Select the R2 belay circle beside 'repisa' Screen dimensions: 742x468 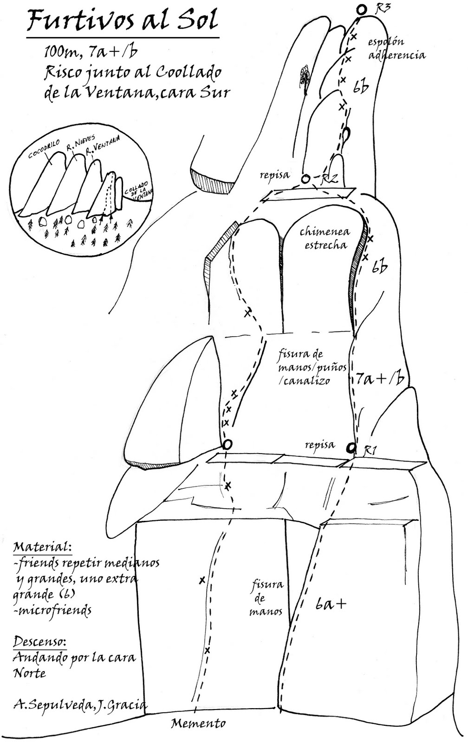tap(305, 179)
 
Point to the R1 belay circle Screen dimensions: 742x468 tap(351, 448)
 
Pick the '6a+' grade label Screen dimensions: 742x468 tap(331, 603)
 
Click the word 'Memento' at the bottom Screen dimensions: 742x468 tap(198, 723)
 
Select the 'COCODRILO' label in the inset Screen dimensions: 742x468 tap(45, 149)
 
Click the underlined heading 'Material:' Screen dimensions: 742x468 tap(42, 546)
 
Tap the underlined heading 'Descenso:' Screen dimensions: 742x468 tap(39, 642)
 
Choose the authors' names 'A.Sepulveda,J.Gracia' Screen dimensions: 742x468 tap(80, 705)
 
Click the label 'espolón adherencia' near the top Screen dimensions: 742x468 tap(396, 49)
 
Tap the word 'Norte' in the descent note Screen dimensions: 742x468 tap(30, 673)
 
